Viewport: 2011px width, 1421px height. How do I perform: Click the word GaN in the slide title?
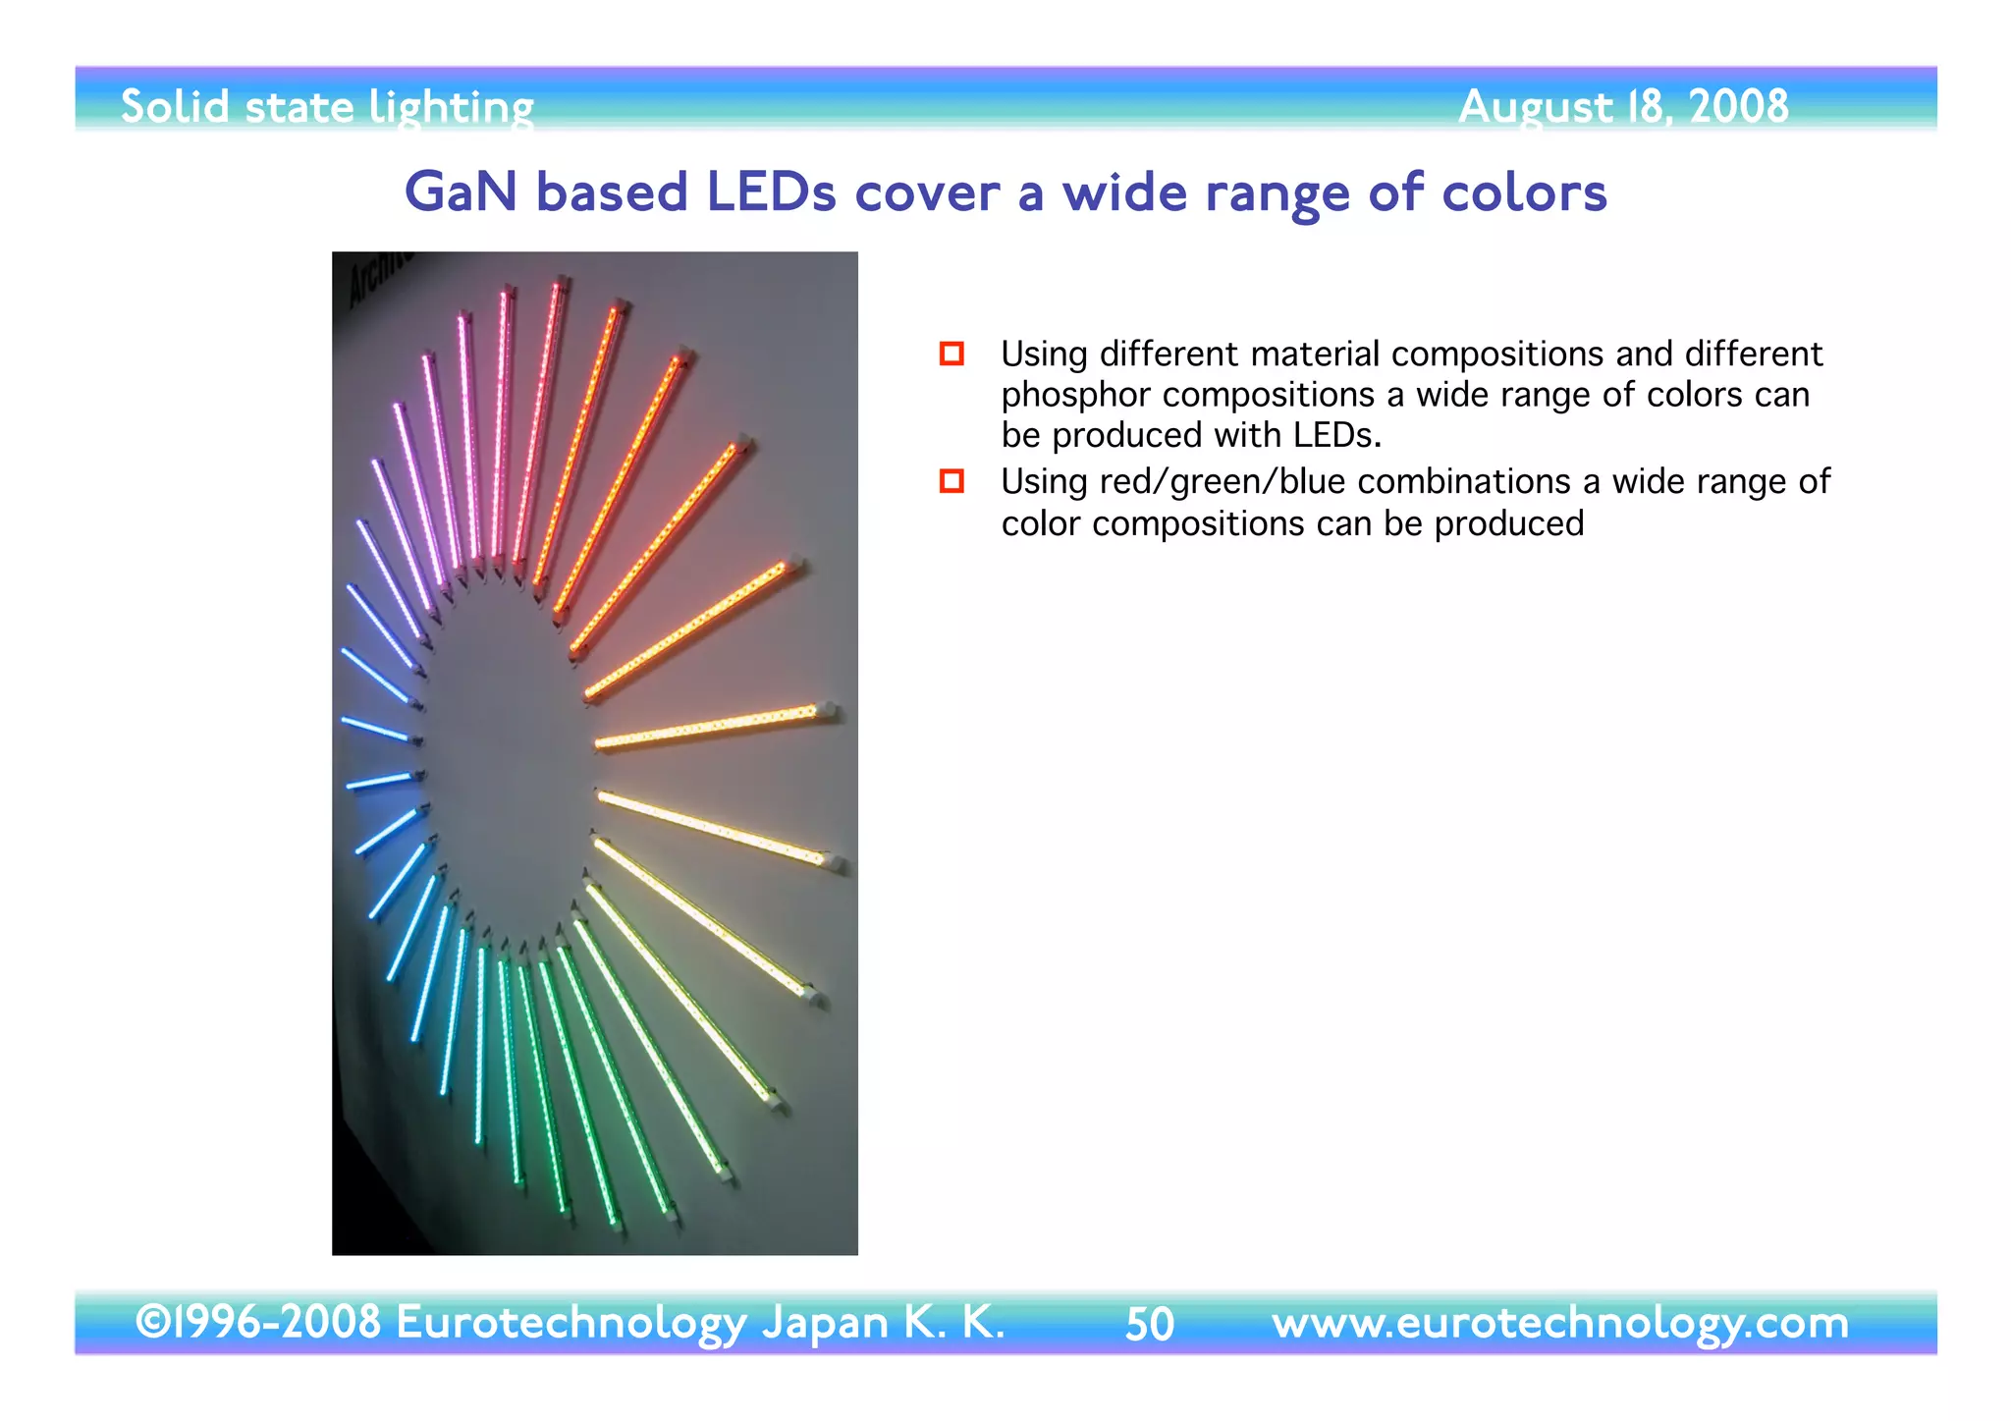461,192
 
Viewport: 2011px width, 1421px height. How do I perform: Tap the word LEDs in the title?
771,192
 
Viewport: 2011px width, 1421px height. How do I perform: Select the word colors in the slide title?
1524,192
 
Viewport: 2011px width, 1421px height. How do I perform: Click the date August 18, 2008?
1623,106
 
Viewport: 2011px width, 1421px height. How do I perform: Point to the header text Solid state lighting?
327,107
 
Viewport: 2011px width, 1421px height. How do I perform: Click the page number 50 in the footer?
1149,1324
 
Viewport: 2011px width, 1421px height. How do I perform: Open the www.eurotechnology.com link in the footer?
1559,1322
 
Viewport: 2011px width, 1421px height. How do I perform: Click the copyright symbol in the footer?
152,1322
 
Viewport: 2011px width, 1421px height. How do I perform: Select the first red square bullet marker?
951,354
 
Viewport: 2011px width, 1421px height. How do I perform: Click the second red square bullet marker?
951,481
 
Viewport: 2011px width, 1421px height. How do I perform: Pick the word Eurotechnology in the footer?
571,1323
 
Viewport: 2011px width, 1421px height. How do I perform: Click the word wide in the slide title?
1124,192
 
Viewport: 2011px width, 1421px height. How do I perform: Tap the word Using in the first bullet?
1044,354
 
